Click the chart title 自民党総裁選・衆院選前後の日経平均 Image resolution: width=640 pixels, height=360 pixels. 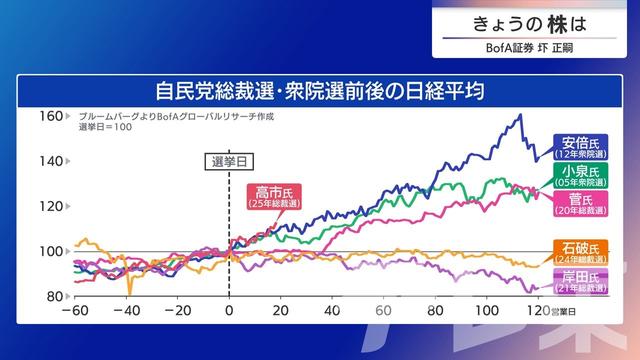[x=320, y=92]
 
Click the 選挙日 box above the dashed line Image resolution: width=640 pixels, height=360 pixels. [x=229, y=160]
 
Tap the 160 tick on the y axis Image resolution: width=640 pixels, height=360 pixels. [x=51, y=116]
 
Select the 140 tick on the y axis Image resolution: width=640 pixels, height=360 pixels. [x=51, y=161]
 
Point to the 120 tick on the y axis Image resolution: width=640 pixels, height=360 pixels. [x=51, y=206]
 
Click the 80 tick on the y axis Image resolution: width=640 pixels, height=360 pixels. [x=53, y=297]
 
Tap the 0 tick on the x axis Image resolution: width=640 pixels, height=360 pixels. [x=230, y=311]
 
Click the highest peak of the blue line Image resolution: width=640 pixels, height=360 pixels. [x=519, y=115]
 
